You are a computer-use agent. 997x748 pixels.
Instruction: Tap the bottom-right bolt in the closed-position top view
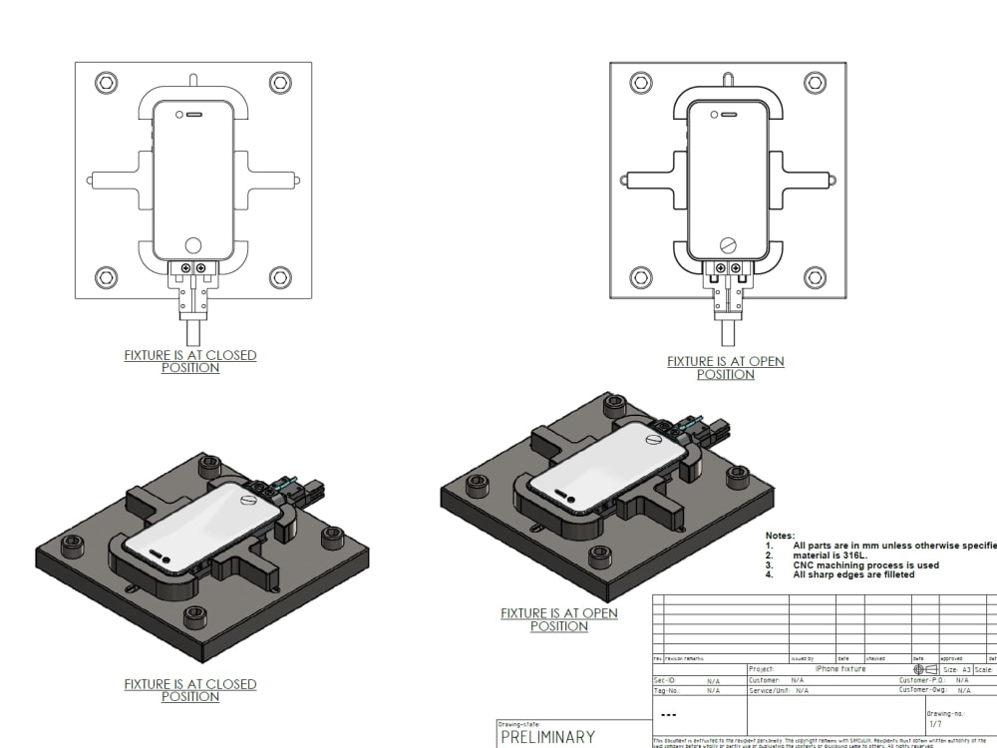[x=280, y=277]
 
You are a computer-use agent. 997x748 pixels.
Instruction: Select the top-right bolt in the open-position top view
[x=815, y=82]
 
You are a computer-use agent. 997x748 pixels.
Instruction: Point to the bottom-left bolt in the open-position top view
[x=641, y=277]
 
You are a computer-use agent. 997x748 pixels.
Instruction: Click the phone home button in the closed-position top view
[x=193, y=244]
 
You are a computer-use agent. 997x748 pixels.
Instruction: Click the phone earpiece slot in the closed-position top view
[x=194, y=115]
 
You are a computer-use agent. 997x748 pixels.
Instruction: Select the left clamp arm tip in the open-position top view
[x=623, y=181]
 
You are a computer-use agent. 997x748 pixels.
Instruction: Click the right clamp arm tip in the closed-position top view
[x=295, y=181]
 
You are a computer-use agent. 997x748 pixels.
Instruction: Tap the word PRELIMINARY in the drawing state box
[x=547, y=737]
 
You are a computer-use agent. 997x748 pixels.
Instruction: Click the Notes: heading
[x=780, y=536]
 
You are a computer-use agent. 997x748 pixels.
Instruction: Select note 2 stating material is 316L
[x=831, y=556]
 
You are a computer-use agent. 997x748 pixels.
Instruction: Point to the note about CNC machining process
[x=865, y=565]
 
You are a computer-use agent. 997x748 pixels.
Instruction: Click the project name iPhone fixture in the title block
[x=839, y=669]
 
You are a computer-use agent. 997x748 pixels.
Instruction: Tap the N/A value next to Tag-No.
[x=713, y=690]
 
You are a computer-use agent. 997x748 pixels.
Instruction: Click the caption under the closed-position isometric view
[x=189, y=690]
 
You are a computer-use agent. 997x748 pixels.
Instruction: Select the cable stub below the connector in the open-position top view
[x=728, y=333]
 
